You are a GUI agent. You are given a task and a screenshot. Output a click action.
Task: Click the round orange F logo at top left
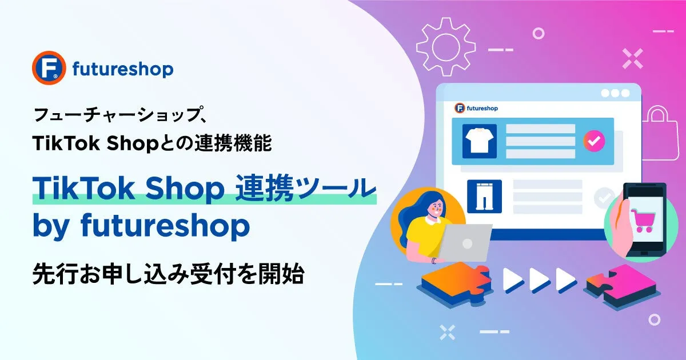[x=49, y=67]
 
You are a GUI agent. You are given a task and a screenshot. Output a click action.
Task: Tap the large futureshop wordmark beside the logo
[x=123, y=70]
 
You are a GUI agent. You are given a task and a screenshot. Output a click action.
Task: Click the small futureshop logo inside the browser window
[x=476, y=108]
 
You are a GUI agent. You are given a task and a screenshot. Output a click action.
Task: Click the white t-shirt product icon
[x=479, y=141]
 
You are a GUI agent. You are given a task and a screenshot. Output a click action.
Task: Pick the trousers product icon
[x=485, y=196]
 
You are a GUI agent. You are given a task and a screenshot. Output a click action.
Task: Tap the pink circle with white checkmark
[x=594, y=141]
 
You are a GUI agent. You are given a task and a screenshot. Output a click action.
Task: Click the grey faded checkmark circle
[x=604, y=198]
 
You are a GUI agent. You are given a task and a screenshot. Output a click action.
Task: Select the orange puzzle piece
[x=456, y=284]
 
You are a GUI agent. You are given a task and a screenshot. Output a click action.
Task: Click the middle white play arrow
[x=540, y=280]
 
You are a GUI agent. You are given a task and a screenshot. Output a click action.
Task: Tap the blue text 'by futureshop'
[x=141, y=226]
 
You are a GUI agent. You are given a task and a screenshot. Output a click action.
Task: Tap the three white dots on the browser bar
[x=615, y=93]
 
